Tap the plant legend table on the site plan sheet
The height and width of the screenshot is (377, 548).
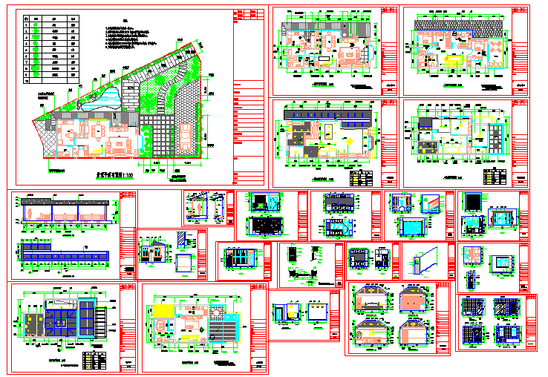pos(50,46)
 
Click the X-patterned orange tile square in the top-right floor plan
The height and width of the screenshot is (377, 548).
pos(493,51)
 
